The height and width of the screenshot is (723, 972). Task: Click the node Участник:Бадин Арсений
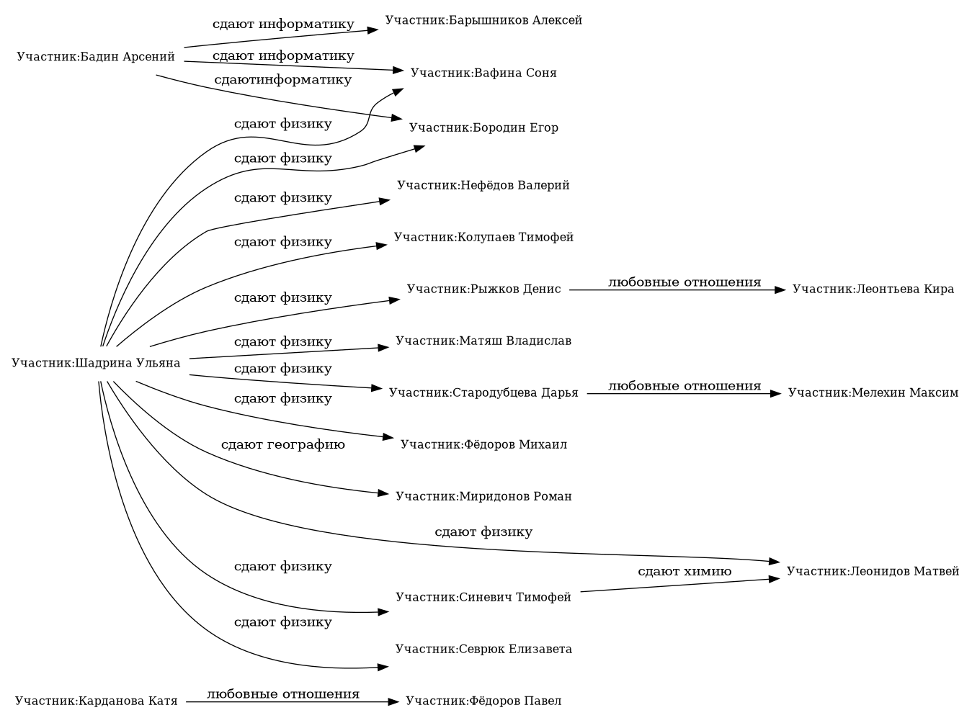tap(96, 57)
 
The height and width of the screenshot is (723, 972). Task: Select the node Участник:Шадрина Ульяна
tap(96, 362)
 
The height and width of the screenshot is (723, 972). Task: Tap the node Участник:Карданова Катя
tap(96, 701)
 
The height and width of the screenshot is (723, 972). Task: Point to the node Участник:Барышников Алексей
tap(483, 20)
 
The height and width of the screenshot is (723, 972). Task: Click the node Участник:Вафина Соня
tap(483, 73)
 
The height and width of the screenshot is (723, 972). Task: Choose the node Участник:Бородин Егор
tap(483, 127)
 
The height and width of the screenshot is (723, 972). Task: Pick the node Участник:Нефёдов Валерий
tap(483, 185)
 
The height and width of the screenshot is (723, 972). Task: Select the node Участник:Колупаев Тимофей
tap(483, 237)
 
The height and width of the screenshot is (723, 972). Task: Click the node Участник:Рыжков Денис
tap(483, 289)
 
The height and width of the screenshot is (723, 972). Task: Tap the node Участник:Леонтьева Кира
tap(873, 289)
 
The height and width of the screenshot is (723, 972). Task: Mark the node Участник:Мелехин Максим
tap(873, 392)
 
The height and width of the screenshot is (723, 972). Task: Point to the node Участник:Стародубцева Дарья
tap(483, 392)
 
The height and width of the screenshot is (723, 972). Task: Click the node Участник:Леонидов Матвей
tap(873, 571)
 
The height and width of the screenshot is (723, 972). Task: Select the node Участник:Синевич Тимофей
tap(483, 597)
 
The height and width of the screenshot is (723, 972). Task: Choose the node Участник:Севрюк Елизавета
tap(483, 649)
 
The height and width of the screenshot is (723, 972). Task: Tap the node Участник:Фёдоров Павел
tap(483, 701)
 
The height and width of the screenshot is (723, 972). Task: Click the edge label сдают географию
tap(282, 444)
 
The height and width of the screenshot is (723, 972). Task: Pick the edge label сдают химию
tap(685, 571)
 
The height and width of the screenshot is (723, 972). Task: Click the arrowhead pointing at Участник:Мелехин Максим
tap(776, 394)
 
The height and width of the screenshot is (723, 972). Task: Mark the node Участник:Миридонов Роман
tap(483, 496)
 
